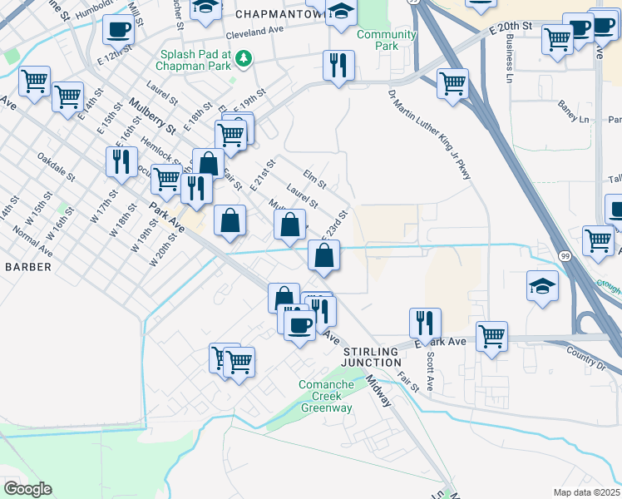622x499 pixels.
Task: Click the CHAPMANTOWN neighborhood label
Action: pos(279,15)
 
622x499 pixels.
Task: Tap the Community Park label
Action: pos(386,40)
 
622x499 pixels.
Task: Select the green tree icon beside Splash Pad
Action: pos(244,58)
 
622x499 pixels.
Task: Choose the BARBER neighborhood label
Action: pos(27,267)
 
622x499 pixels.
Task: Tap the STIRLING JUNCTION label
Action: pos(373,357)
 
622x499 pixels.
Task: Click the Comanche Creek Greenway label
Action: pos(326,397)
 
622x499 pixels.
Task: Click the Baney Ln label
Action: pos(572,119)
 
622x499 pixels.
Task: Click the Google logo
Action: pos(27,489)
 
